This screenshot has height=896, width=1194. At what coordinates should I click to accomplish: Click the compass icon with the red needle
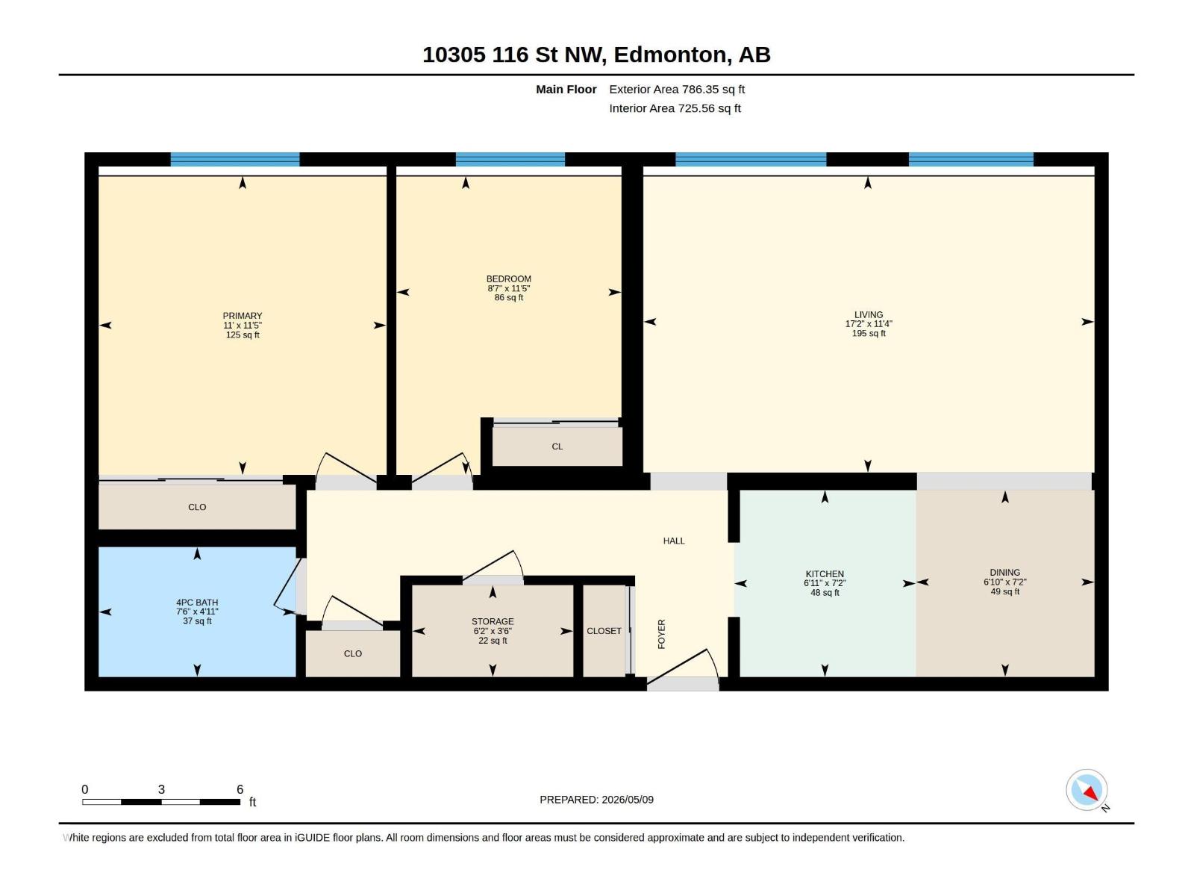(x=1087, y=789)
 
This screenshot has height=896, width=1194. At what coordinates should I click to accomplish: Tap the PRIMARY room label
(x=242, y=316)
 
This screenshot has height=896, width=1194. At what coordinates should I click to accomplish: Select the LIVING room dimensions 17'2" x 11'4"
(x=868, y=324)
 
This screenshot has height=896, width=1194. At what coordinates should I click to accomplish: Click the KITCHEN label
(x=825, y=574)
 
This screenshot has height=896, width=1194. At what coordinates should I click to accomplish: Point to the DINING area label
(x=1004, y=572)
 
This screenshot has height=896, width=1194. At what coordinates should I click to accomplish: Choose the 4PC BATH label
(x=197, y=603)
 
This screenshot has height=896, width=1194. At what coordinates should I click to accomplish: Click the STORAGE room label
(x=493, y=621)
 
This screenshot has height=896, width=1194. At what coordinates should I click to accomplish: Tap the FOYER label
(x=661, y=634)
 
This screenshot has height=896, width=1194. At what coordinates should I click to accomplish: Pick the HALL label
(x=673, y=541)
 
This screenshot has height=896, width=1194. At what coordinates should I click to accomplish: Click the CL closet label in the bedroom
(x=557, y=446)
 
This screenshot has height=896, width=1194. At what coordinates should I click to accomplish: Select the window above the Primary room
(x=235, y=159)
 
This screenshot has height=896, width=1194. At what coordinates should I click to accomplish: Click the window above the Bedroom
(x=510, y=159)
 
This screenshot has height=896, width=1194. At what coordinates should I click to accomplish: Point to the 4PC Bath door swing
(x=287, y=586)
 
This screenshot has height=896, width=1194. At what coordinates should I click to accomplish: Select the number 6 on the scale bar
(x=240, y=788)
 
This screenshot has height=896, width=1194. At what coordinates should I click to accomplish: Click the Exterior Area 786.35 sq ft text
(x=677, y=89)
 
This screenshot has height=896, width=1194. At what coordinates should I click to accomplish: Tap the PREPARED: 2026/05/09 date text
(x=596, y=799)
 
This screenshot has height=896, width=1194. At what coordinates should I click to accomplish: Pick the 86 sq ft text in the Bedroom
(x=509, y=298)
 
